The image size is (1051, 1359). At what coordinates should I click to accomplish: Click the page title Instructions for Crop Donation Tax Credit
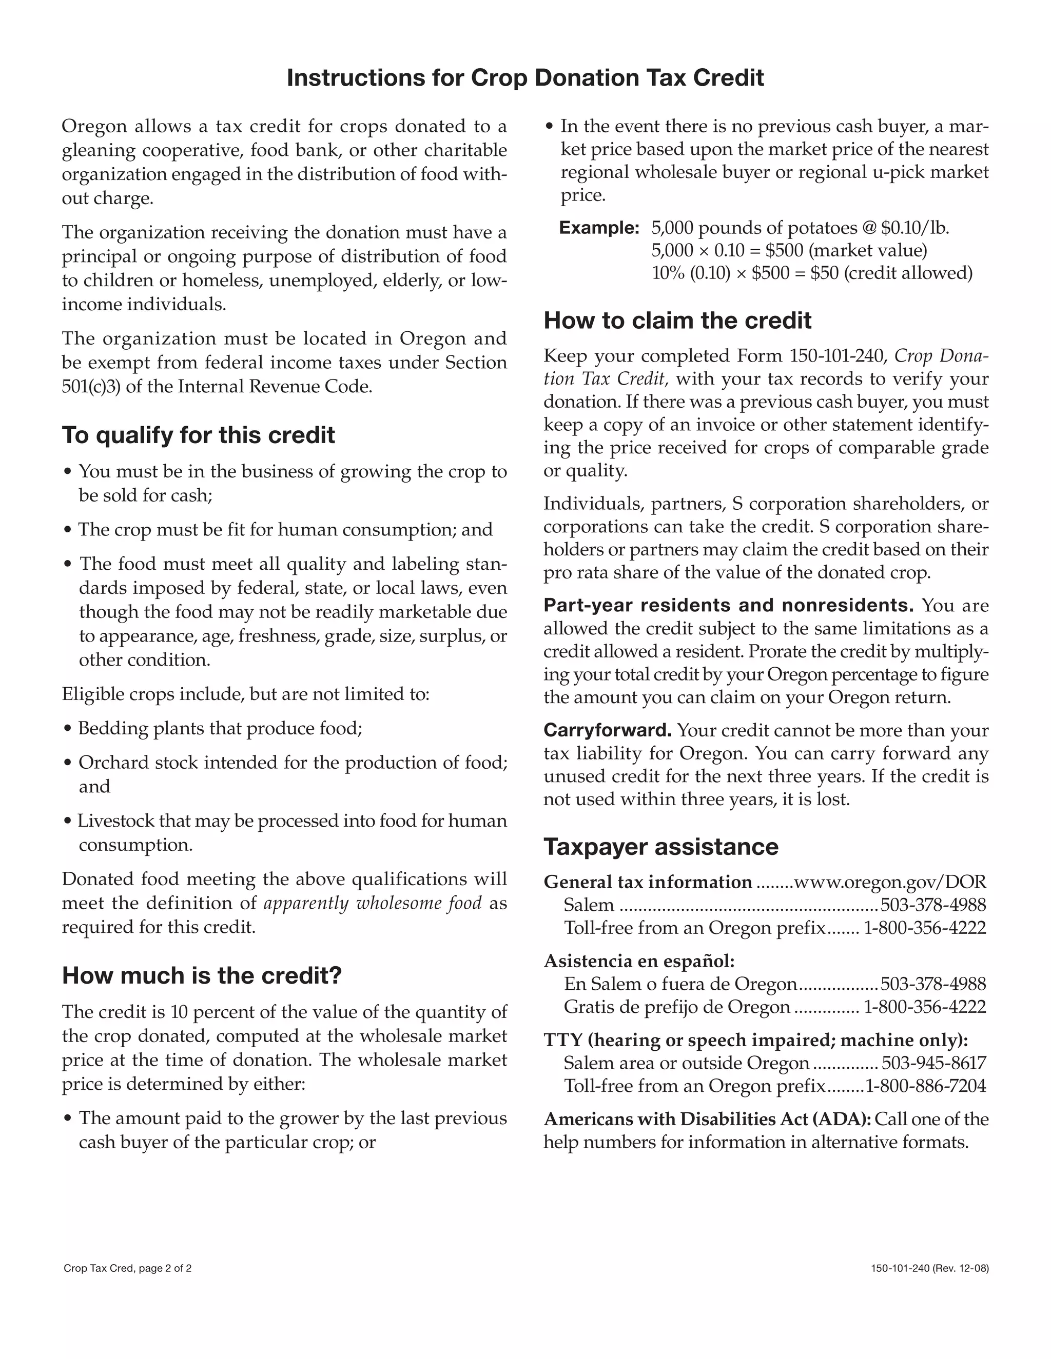[x=525, y=78]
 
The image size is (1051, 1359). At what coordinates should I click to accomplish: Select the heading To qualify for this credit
[x=198, y=435]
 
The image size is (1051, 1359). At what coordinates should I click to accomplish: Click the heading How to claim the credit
[x=677, y=321]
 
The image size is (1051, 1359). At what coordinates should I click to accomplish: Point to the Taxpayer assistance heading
[x=660, y=847]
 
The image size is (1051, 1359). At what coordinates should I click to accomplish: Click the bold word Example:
[x=599, y=228]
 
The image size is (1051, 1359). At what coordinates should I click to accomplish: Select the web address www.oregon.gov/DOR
[x=890, y=883]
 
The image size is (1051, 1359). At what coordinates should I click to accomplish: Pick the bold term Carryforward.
[x=607, y=730]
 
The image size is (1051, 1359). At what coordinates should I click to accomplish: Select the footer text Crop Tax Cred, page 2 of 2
[x=127, y=1268]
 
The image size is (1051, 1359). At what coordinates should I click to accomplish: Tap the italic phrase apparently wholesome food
[x=373, y=903]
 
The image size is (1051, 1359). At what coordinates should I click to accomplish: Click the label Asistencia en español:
[x=639, y=962]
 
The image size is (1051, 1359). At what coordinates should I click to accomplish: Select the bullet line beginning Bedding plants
[x=219, y=728]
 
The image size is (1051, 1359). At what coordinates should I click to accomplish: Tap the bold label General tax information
[x=648, y=883]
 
